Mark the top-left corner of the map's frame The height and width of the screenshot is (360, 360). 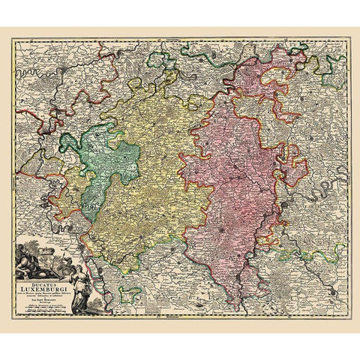pyautogui.click(x=13, y=40)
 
